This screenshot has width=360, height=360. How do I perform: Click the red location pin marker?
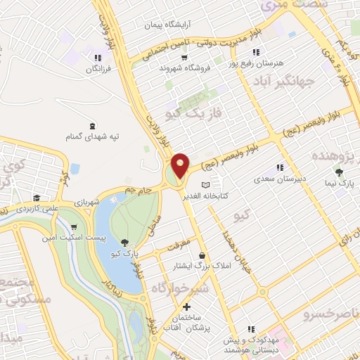coord(181,165)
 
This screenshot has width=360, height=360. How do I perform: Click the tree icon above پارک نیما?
coord(340,172)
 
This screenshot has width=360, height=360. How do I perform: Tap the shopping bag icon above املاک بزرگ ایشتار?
coord(202,255)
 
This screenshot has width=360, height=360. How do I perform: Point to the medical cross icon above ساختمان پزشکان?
coord(186,307)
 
